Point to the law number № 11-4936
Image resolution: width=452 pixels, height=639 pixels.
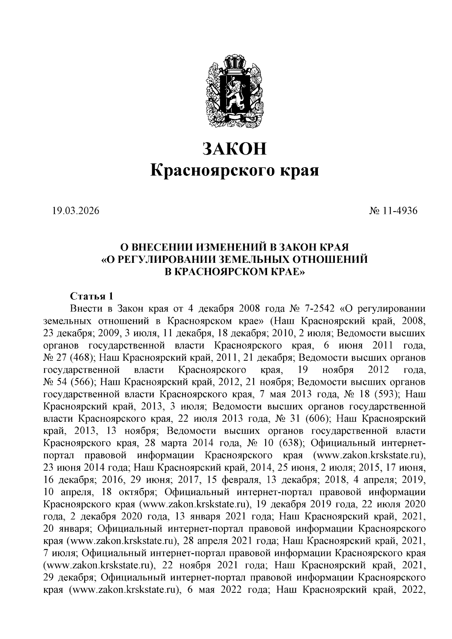pos(394,211)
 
